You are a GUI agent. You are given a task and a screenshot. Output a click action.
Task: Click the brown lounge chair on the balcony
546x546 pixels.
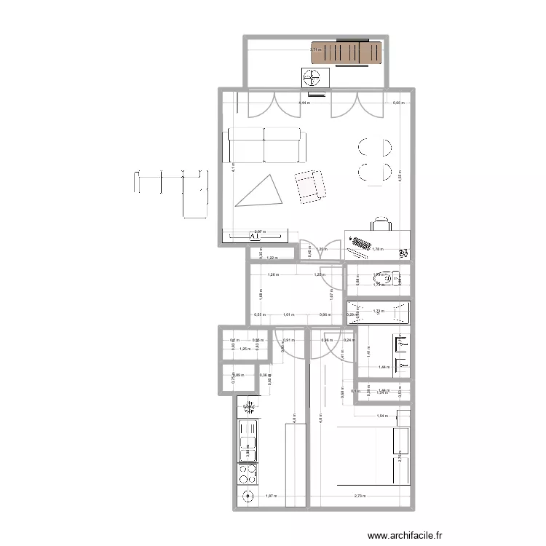347,54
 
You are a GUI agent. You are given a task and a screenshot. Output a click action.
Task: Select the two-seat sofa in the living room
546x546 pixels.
264,146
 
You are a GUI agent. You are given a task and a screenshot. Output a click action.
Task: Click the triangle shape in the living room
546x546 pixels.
261,191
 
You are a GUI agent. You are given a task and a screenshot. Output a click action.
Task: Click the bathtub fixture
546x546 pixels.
378,312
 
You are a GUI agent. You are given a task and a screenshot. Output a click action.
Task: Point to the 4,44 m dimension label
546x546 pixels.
303,103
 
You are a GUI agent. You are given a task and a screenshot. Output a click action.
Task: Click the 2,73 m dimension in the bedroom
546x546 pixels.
360,496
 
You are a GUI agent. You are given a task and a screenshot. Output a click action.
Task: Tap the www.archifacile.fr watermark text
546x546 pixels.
405,535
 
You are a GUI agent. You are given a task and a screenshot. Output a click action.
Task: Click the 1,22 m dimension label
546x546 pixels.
272,258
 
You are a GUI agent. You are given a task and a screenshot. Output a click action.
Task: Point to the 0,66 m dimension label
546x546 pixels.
397,103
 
